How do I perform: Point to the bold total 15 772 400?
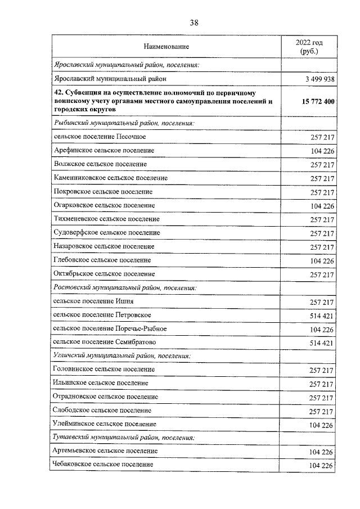click(x=316, y=101)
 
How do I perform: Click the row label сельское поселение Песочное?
click(x=100, y=137)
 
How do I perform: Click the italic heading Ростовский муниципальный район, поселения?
click(x=124, y=287)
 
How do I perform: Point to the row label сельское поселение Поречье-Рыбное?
click(x=110, y=328)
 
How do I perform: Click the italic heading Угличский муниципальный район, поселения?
click(x=121, y=356)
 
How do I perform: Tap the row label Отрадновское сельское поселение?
click(x=106, y=397)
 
